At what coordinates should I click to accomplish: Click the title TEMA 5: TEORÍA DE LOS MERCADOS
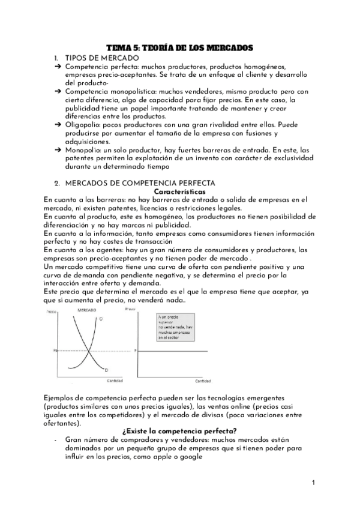pyautogui.click(x=180, y=46)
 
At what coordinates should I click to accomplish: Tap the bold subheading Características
pyautogui.click(x=180, y=190)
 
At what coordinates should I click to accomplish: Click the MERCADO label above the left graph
pyautogui.click(x=88, y=309)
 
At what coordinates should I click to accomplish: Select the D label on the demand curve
pyautogui.click(x=106, y=369)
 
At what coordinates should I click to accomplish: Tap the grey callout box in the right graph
pyautogui.click(x=175, y=327)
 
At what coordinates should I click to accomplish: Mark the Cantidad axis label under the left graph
pyautogui.click(x=115, y=381)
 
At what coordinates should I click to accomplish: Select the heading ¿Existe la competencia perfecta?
pyautogui.click(x=180, y=432)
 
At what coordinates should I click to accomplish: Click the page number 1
pyautogui.click(x=314, y=482)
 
